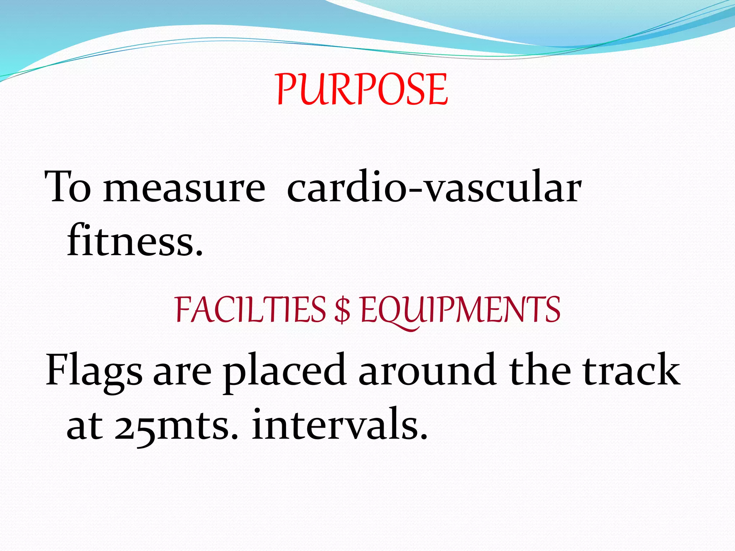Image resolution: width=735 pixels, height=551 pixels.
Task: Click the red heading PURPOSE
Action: point(362,89)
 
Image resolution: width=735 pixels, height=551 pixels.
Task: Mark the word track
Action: point(631,369)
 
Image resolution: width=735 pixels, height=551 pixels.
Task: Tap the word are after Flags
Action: point(182,373)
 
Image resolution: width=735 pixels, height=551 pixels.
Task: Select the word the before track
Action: point(540,369)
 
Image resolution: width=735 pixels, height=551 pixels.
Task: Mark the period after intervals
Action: point(424,436)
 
